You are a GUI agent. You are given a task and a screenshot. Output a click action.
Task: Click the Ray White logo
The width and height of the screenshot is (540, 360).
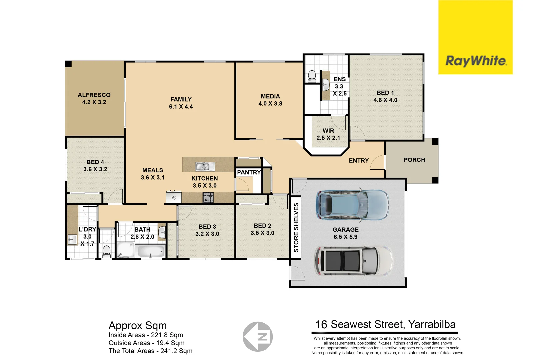point(475,61)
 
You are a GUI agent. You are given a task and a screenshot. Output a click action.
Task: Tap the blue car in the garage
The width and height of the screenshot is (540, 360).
point(352,205)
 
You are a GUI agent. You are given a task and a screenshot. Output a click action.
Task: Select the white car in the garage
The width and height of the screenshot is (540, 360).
point(354,261)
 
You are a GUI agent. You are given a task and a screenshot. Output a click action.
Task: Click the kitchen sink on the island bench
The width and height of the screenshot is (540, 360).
point(205,166)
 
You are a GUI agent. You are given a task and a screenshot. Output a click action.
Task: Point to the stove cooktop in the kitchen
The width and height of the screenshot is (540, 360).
point(208,198)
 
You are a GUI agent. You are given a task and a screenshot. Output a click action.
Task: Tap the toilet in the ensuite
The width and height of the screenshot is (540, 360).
point(312,76)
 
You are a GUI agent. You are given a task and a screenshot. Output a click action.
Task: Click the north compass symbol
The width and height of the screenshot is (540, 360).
point(258,337)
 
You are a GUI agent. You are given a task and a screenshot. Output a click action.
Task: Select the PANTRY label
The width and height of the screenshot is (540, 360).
point(249,172)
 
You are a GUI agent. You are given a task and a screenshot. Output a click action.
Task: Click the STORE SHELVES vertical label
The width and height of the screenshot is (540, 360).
point(296,227)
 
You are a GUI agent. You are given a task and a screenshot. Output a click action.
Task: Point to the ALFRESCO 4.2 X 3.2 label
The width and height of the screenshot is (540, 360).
point(94,99)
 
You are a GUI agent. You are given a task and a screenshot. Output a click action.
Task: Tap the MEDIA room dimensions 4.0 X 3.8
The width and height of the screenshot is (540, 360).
point(270,104)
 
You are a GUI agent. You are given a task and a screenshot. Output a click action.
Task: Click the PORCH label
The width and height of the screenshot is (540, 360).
point(414,160)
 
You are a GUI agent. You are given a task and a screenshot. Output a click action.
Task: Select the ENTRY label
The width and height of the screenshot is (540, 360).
point(359,161)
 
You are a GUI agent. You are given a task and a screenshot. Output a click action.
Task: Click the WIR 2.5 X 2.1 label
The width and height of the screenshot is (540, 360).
point(328,134)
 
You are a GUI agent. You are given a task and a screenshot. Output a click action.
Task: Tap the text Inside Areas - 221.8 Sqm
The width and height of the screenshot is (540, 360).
point(146,335)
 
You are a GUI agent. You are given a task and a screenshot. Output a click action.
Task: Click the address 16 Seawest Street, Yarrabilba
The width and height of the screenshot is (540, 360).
point(385,325)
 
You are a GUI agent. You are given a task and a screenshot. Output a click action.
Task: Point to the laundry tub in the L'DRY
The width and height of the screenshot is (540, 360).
point(72,239)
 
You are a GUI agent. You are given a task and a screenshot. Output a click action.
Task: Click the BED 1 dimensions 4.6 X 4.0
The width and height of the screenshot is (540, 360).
point(385,100)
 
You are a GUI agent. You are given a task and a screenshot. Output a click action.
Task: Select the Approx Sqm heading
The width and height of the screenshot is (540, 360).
point(137,325)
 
